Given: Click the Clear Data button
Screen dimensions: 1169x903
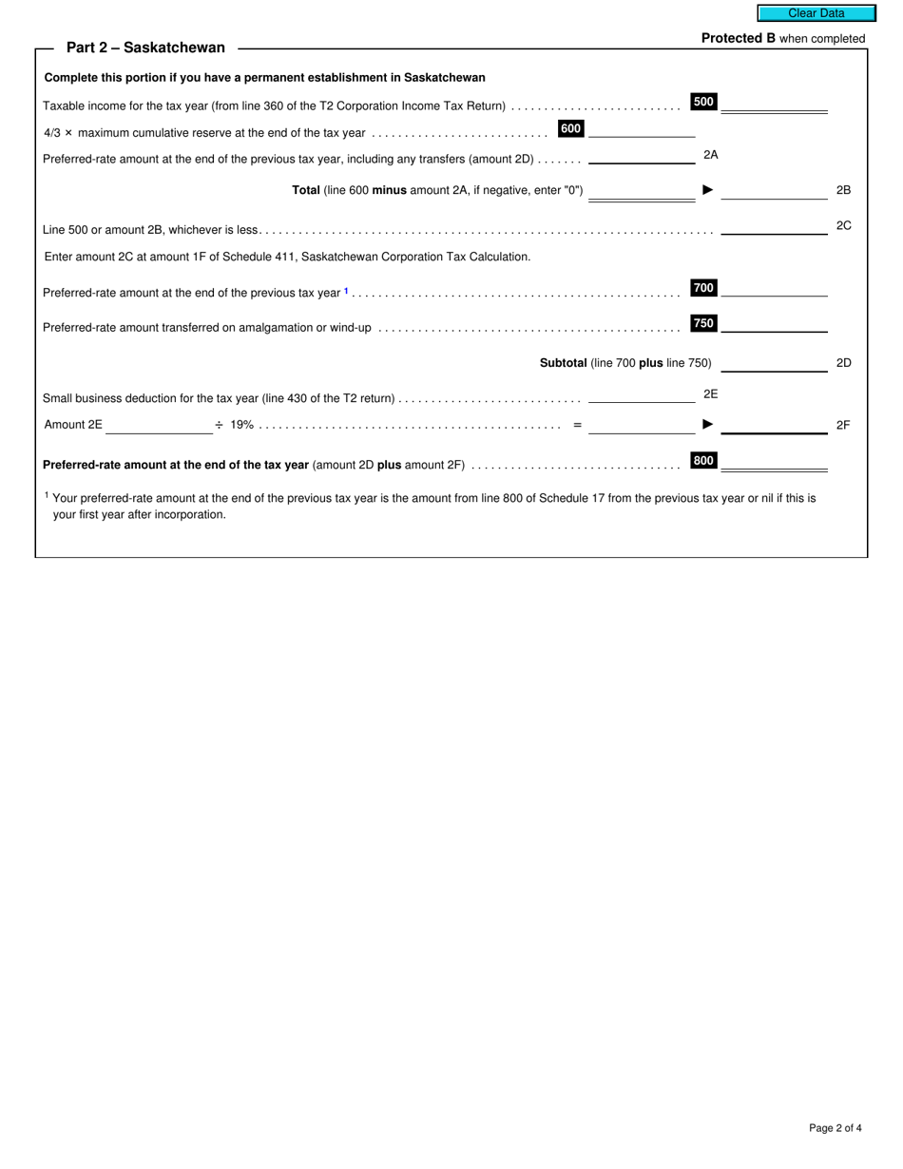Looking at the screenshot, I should [816, 13].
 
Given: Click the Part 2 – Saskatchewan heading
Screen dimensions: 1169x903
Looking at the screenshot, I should [145, 48].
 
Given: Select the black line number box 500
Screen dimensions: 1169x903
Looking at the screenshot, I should [703, 102].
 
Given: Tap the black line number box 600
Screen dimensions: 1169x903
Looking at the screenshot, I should [570, 128].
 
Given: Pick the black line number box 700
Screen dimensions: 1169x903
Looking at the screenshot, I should [703, 288].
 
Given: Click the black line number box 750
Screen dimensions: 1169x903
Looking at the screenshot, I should [703, 323].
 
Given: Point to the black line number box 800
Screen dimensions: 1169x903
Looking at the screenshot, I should [703, 461].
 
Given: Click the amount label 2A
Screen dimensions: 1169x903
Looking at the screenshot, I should [710, 154].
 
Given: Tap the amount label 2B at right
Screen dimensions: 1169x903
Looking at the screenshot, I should [843, 190].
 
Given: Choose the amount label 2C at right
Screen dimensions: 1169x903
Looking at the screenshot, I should [843, 226].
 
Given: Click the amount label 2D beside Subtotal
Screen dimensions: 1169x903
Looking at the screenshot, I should [843, 363].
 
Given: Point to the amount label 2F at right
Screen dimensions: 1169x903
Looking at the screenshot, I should [843, 425].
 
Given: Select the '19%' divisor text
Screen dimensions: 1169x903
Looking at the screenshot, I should [241, 425].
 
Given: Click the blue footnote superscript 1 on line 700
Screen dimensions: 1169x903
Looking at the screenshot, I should [347, 291].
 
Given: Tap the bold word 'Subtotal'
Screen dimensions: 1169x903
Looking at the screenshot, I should [563, 363].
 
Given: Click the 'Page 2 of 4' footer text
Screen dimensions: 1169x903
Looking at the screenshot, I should [835, 1128].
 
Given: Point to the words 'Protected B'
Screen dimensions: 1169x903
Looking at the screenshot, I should [738, 39].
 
